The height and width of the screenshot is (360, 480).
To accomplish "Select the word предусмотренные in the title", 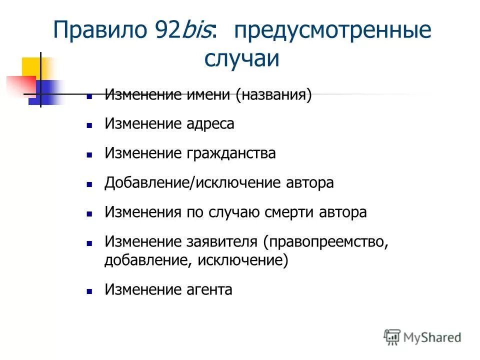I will pos(330,31).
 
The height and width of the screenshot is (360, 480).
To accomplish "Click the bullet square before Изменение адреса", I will pos(89,125).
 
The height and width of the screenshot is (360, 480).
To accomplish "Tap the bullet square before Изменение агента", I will pos(89,291).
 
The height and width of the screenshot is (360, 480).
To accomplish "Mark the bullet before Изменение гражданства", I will pos(89,155).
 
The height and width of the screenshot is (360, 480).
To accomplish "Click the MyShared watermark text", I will pos(431,337).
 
